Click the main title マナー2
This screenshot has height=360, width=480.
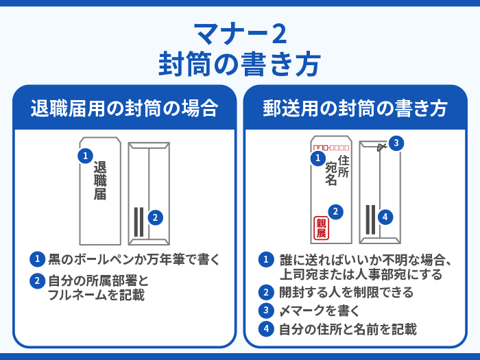point(239,34)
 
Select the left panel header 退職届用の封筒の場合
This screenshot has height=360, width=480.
point(124,109)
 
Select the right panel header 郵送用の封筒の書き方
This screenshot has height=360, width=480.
point(355,109)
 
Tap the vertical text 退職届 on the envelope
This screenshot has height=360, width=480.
point(100,180)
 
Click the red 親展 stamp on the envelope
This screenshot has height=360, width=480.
point(320,227)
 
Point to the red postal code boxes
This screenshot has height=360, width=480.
point(331,147)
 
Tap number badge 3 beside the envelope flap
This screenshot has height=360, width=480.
point(396,143)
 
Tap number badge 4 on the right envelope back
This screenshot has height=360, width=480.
point(385,217)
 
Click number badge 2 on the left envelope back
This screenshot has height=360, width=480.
point(156,217)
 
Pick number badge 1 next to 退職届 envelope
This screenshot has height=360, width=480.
point(84,156)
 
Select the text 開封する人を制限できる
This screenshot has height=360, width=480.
point(346,293)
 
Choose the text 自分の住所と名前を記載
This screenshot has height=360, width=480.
point(347,329)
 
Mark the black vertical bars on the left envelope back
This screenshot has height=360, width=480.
point(139,221)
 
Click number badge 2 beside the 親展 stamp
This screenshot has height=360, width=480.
point(335,211)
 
